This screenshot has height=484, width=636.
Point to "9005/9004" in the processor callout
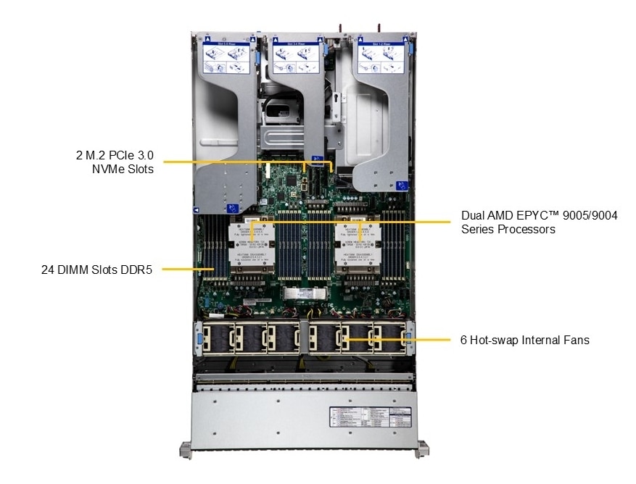(588, 216)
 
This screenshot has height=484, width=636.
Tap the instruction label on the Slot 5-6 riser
(229, 57)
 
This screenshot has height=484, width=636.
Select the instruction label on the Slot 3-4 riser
(297, 57)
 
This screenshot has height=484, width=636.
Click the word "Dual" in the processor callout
(473, 216)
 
